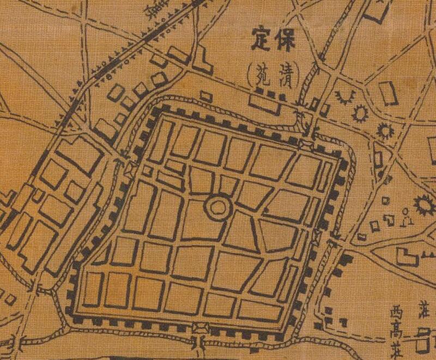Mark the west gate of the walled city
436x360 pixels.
click(130, 168)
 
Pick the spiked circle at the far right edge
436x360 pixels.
click(423, 205)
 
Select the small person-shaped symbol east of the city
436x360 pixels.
click(407, 217)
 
